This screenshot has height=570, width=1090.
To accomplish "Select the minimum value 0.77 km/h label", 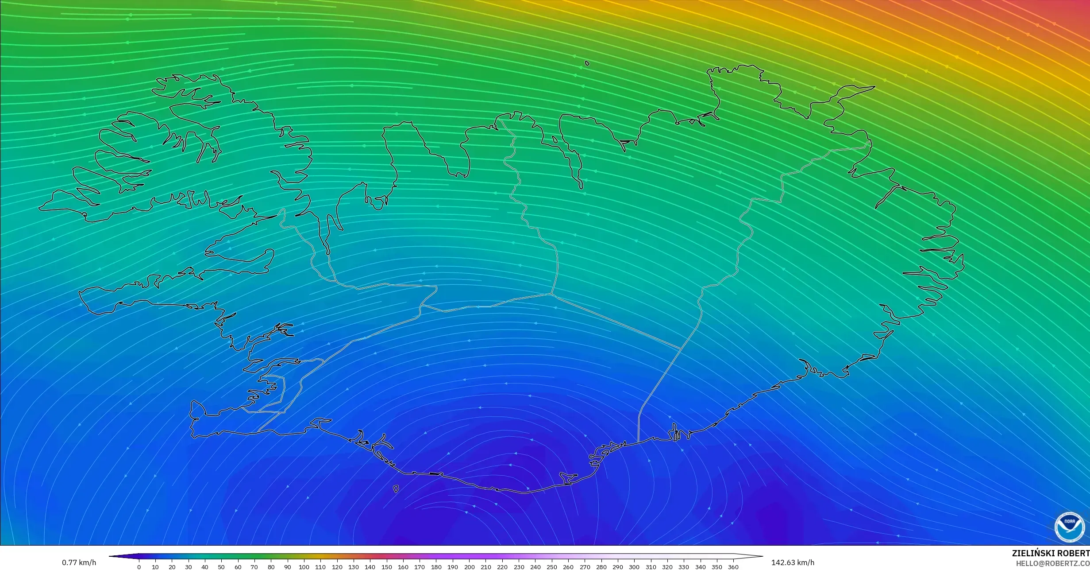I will pyautogui.click(x=79, y=562).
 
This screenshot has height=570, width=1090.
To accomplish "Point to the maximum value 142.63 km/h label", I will pyautogui.click(x=793, y=562).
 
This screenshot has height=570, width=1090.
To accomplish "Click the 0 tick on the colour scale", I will pyautogui.click(x=139, y=567).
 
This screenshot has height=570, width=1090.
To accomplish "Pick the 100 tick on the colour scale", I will pyautogui.click(x=304, y=567).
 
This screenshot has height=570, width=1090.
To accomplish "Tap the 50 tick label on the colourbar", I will pyautogui.click(x=221, y=567).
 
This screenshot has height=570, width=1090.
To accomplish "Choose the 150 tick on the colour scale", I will pyautogui.click(x=386, y=567).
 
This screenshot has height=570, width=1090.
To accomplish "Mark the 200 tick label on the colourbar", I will pyautogui.click(x=469, y=567).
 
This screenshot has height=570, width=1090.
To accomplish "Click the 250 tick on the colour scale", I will pyautogui.click(x=552, y=567).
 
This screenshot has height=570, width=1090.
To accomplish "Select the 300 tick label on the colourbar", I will pyautogui.click(x=634, y=567).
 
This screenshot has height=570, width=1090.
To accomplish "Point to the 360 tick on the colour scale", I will pyautogui.click(x=733, y=567).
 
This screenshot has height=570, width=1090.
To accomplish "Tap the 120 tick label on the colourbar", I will pyautogui.click(x=337, y=567).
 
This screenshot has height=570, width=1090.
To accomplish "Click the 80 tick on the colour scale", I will pyautogui.click(x=271, y=567).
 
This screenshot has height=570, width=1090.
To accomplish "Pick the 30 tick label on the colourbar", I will pyautogui.click(x=189, y=567).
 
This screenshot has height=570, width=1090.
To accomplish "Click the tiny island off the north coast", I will pyautogui.click(x=587, y=63).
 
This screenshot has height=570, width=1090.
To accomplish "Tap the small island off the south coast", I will pyautogui.click(x=396, y=489).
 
